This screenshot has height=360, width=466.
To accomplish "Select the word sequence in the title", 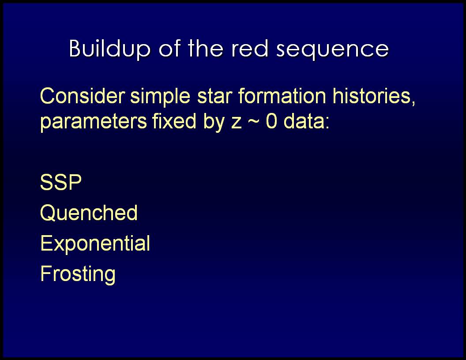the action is click(333, 49).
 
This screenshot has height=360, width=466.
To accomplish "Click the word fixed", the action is click(174, 120).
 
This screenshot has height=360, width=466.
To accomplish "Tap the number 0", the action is click(271, 121).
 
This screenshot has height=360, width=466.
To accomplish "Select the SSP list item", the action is click(60, 182).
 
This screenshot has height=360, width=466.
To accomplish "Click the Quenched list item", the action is click(89, 213).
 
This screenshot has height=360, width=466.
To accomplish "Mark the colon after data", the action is click(327, 123).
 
